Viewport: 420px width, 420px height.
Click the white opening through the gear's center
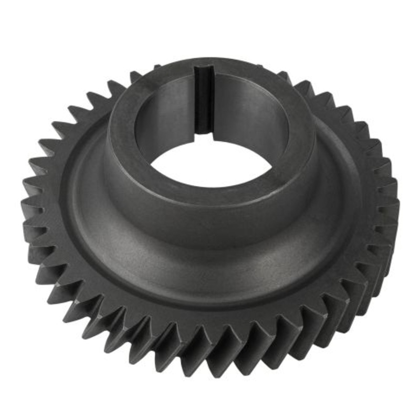[x=210, y=163]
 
